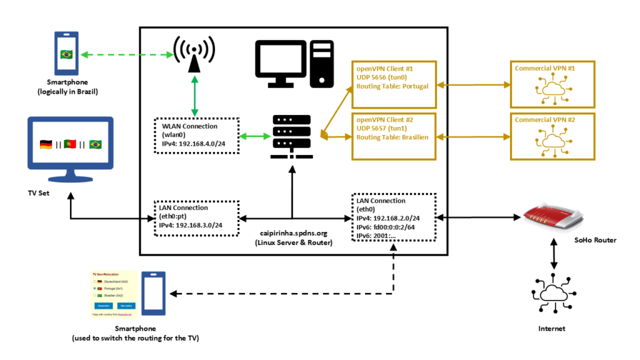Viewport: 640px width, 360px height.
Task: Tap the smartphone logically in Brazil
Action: point(66,54)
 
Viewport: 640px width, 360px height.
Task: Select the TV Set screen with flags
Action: point(70,144)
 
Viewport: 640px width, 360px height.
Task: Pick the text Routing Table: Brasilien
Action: point(392,137)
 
